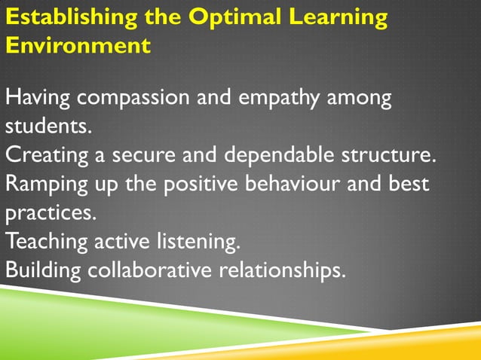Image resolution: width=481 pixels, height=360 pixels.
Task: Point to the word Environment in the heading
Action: (x=78, y=45)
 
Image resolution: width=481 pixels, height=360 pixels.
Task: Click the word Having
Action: (x=38, y=98)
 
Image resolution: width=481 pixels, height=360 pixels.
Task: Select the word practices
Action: (x=51, y=212)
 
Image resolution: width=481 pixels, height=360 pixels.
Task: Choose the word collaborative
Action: (x=151, y=270)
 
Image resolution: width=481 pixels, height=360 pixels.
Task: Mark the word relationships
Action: (x=282, y=270)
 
